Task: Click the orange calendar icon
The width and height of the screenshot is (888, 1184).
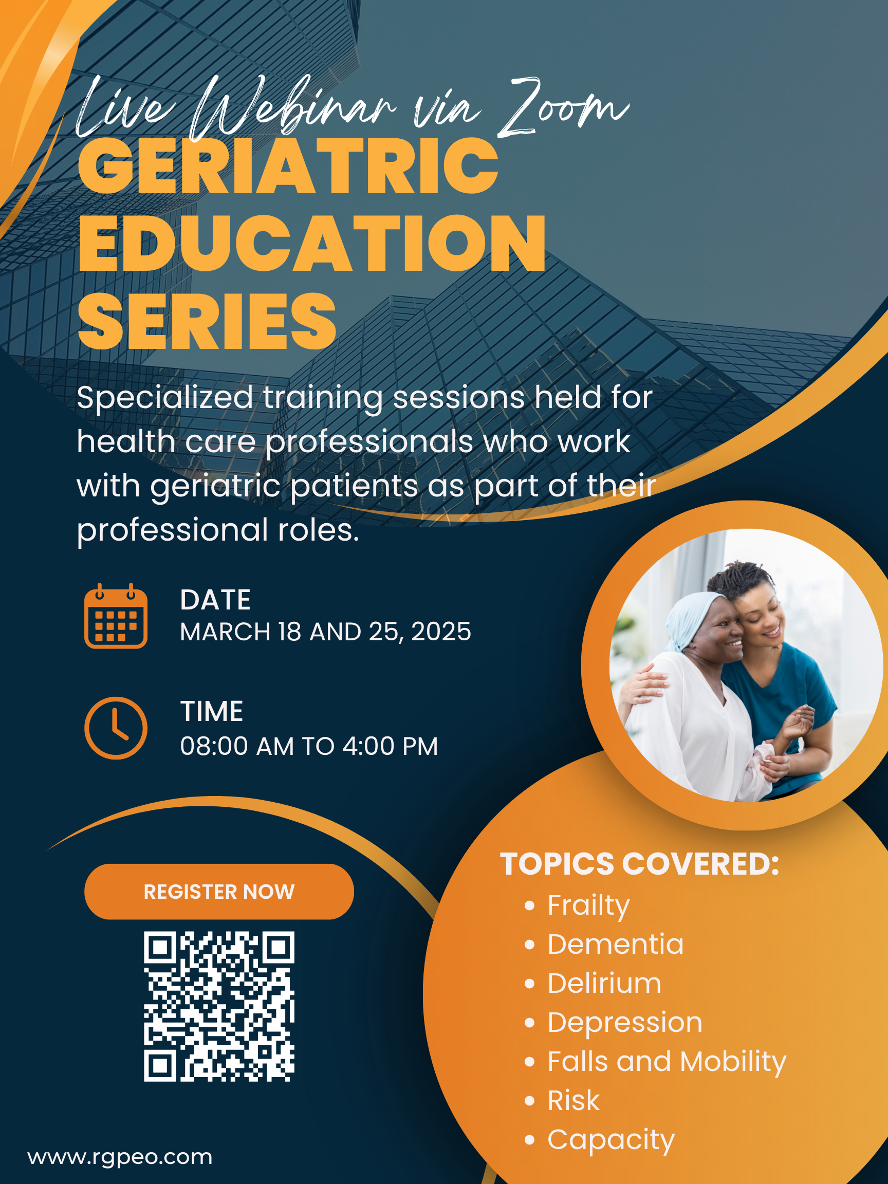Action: click(116, 616)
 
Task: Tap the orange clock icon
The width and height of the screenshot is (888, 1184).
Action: click(116, 728)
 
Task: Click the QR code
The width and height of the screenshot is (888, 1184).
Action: click(219, 1006)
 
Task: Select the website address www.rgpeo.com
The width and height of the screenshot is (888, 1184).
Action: click(120, 1157)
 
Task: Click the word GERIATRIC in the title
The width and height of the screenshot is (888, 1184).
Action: click(288, 166)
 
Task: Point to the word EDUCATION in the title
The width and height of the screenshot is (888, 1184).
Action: click(312, 244)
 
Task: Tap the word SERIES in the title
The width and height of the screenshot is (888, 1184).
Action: click(207, 321)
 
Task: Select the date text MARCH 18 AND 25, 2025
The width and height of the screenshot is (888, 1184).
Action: click(325, 632)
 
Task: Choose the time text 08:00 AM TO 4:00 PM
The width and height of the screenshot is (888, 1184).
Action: click(309, 746)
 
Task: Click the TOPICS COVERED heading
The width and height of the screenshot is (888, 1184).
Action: click(640, 864)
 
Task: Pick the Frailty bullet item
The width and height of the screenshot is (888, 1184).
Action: click(588, 905)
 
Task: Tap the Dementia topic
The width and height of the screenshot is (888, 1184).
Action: click(616, 943)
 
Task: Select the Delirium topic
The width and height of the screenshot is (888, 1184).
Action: click(604, 983)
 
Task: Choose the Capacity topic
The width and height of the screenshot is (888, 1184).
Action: click(610, 1141)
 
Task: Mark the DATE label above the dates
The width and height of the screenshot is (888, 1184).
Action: click(215, 600)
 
